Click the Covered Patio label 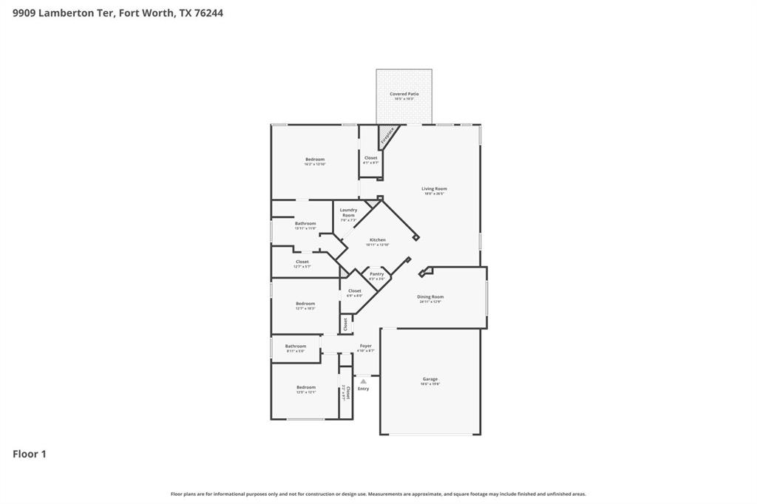tap(404, 95)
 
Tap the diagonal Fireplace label tap(387, 136)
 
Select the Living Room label tap(434, 189)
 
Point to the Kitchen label tap(378, 240)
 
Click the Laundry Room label tap(348, 213)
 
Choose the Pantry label tap(377, 274)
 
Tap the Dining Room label tap(430, 297)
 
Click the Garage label tap(430, 379)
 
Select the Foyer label tap(366, 346)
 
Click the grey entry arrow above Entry tap(363, 381)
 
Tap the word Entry tap(363, 389)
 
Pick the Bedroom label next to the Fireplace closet tap(315, 160)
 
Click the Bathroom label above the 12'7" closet tap(305, 224)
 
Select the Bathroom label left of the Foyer tap(296, 346)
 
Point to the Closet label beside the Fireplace tap(370, 158)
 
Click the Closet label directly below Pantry tap(355, 291)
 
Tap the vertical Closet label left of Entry tap(347, 392)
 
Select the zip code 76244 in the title tap(208, 13)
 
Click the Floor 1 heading tap(30, 454)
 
